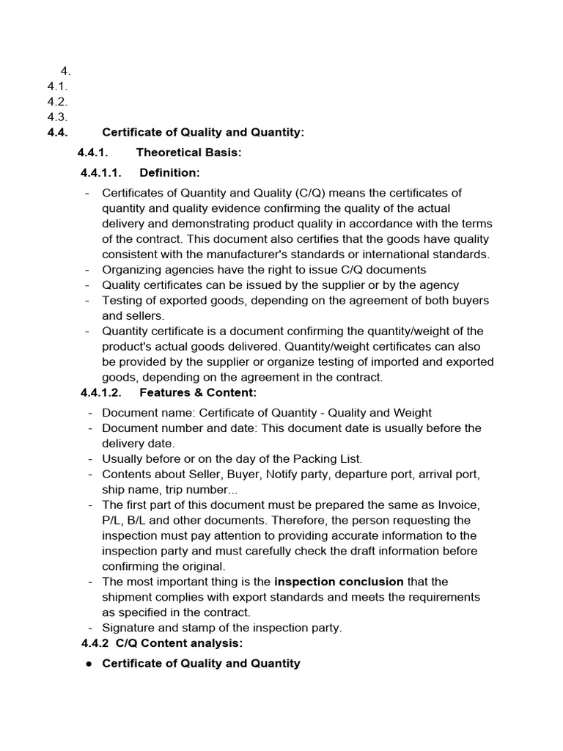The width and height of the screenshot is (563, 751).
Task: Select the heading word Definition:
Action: (x=169, y=173)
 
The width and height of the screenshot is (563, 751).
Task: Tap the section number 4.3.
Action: (x=57, y=117)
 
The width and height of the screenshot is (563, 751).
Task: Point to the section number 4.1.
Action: (x=57, y=87)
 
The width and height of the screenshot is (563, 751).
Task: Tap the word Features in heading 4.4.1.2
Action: (x=165, y=392)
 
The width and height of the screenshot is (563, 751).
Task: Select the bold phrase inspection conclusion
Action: (x=339, y=582)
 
